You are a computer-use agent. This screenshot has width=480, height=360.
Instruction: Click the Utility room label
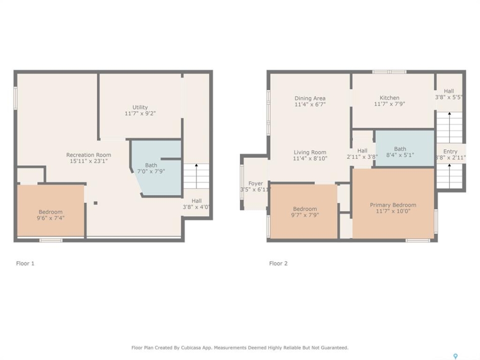140,107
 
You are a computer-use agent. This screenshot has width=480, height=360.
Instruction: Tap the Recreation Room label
89,155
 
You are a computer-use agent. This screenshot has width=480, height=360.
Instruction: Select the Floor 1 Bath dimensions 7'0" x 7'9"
151,171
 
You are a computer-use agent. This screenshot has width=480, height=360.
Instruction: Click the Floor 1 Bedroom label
50,212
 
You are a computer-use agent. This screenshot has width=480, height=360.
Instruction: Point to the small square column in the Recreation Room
95,203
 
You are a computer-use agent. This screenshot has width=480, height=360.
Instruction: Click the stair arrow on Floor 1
196,176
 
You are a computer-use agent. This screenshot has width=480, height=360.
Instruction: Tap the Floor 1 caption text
25,263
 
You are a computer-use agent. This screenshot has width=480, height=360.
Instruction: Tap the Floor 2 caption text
278,263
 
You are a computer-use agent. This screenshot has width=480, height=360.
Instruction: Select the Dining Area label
310,98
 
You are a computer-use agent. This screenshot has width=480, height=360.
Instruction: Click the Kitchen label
389,97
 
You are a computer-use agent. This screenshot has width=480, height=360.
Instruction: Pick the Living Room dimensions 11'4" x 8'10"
310,158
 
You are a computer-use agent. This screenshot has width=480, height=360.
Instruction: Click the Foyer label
255,183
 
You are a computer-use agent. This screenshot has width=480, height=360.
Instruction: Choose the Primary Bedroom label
393,205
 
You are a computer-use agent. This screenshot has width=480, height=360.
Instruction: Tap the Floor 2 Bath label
400,149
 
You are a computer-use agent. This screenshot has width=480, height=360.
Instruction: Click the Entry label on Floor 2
450,151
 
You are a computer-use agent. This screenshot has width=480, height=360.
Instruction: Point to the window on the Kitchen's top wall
389,72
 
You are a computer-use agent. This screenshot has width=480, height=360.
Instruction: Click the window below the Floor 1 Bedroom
51,240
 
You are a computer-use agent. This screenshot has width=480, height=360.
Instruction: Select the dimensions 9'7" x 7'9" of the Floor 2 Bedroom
305,215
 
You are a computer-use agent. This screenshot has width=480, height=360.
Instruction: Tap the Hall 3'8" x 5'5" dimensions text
449,97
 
